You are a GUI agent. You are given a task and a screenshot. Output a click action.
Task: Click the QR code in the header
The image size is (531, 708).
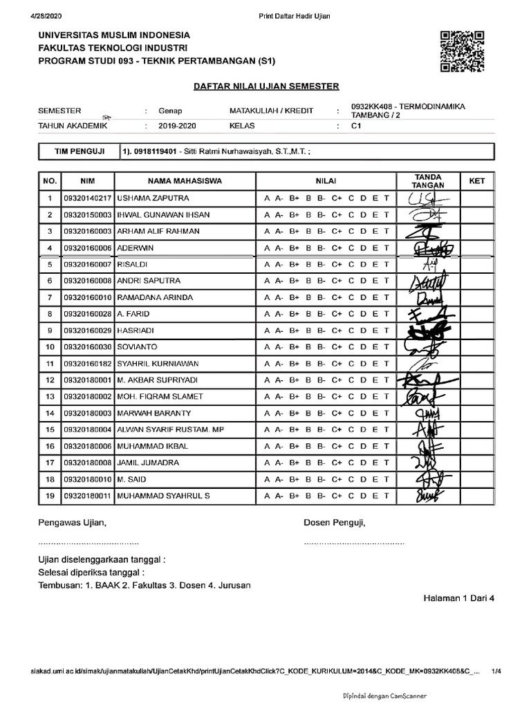tap(461, 52)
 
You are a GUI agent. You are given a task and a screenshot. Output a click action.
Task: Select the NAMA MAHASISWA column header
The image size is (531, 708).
tap(185, 181)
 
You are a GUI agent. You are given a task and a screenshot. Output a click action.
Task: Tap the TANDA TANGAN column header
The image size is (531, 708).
tap(427, 181)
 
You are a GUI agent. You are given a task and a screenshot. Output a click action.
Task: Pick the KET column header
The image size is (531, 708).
tap(477, 181)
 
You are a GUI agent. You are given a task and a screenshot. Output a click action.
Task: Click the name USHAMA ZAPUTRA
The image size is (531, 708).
tap(149, 198)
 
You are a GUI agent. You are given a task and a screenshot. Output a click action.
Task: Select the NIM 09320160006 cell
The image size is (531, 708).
tap(87, 248)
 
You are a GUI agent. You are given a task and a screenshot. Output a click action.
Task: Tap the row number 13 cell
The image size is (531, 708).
tap(50, 396)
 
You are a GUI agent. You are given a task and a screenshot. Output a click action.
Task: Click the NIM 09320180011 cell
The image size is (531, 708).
tap(87, 496)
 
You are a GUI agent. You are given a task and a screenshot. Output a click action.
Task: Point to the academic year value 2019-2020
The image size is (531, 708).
tap(177, 127)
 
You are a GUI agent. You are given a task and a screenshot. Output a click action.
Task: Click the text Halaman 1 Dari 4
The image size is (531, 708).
tap(459, 599)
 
